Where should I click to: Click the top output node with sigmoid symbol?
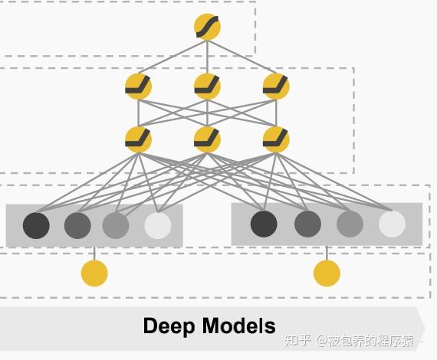point(207,28)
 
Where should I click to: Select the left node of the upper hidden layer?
point(138,87)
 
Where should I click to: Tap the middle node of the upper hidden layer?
point(207,87)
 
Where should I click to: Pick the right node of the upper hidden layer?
point(276,87)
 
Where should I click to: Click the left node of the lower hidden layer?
point(138,139)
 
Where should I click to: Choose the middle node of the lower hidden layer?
point(207,139)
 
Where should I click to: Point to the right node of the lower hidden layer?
point(276,139)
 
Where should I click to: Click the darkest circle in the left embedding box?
point(36,225)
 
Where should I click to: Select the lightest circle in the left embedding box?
point(158,225)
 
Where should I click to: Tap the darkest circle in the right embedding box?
point(264,224)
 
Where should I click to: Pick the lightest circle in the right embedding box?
point(392,224)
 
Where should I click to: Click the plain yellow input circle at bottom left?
point(94,273)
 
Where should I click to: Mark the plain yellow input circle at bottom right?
point(327,273)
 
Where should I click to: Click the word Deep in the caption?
point(169,326)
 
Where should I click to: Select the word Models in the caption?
point(239,326)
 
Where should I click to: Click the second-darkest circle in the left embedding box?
point(77,225)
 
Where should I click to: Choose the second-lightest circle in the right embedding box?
point(350,224)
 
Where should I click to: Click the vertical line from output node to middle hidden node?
point(207,57)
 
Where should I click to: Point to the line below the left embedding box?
point(94,254)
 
